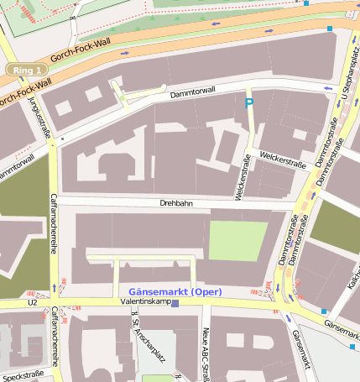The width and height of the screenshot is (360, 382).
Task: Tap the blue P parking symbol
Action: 248,103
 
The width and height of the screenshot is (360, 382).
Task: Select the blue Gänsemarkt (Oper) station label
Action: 175,291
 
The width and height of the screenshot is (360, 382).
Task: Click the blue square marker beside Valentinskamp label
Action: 175,304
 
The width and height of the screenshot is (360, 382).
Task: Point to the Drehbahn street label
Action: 176,203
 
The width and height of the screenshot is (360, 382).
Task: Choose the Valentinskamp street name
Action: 146,301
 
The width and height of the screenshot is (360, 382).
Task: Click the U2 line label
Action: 33,302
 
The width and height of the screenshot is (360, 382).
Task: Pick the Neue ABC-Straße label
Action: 205,353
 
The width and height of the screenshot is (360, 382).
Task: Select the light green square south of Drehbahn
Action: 238,240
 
